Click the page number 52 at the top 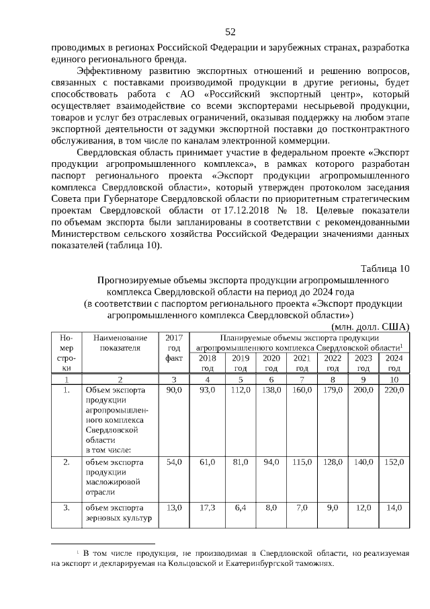[x=230, y=32]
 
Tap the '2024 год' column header [x=394, y=363]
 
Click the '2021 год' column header [x=302, y=363]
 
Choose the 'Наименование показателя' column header [x=120, y=343]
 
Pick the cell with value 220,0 [x=394, y=390]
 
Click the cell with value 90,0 [x=173, y=390]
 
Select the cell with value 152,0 [x=394, y=463]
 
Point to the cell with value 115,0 [x=302, y=463]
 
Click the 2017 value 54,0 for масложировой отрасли [x=173, y=463]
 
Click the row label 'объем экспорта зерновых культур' [x=115, y=513]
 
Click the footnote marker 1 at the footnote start [x=78, y=551]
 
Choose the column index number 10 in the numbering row [x=394, y=380]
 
